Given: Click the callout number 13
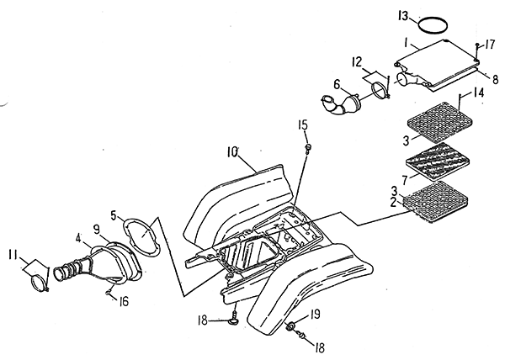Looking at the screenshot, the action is point(403,16).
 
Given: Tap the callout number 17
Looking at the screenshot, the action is point(490,45).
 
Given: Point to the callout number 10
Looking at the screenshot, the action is point(232,152).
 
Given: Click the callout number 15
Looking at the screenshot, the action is point(303,124).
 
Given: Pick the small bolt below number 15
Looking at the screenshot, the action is point(308,149).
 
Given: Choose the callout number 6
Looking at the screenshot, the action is point(337,85).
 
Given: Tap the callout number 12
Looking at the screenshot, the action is point(357,61).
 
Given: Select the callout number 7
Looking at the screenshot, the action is point(405,179).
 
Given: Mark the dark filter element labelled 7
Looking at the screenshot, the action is point(438,160).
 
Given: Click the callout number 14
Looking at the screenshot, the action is point(478,93).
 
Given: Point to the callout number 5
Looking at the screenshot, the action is point(114,215).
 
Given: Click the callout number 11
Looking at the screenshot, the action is point(13,255).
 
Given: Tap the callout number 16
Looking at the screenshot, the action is point(123,301).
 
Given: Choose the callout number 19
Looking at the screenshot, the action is point(316,314).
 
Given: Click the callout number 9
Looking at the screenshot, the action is point(97,229).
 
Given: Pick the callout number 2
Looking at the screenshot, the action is point(393,203).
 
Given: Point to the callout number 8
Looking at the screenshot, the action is point(496,79).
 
